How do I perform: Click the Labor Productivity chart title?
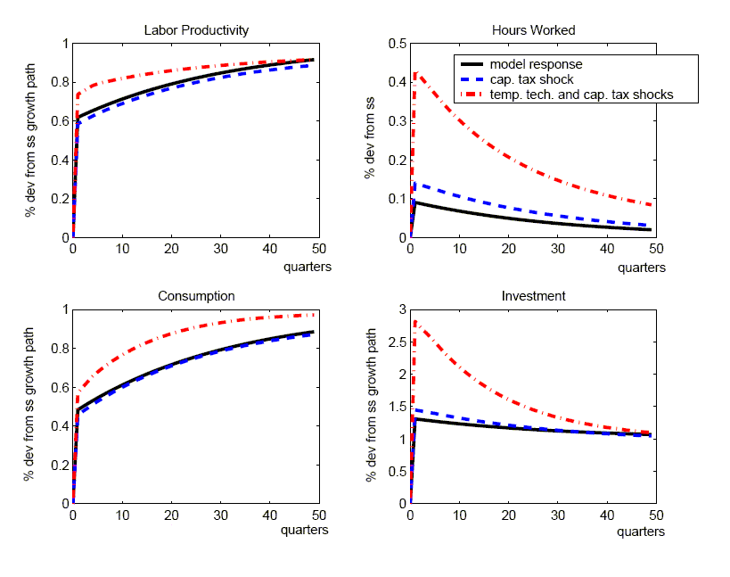point(196,30)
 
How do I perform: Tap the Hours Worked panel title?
point(533,30)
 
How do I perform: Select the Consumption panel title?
point(196,296)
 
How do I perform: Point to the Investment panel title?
point(533,296)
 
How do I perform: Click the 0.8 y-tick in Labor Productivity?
point(60,83)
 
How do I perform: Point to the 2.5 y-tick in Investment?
point(398,342)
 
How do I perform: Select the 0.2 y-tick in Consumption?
point(60,465)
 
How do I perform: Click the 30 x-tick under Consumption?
point(219,515)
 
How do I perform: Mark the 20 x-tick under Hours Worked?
point(508,251)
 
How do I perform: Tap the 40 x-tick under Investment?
point(606,515)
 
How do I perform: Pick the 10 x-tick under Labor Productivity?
point(122,251)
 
